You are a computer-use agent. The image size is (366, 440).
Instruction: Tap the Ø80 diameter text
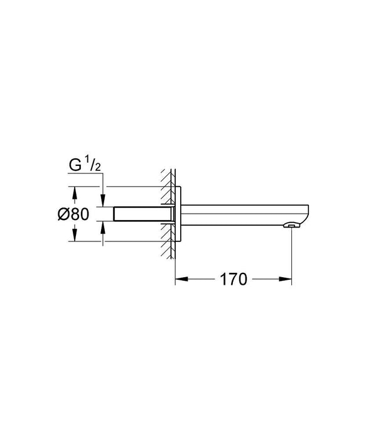pos(73,214)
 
